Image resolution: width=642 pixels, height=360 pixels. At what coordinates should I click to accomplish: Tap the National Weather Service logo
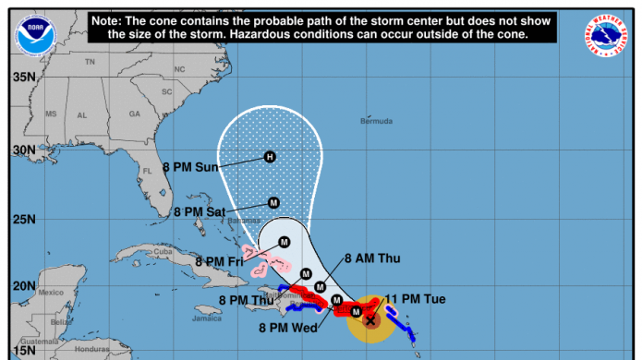(x=605, y=34)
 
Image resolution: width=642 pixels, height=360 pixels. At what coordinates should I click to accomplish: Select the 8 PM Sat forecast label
(x=199, y=212)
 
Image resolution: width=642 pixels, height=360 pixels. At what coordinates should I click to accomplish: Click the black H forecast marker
(x=270, y=156)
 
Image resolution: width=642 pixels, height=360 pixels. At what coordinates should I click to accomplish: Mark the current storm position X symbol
(x=370, y=320)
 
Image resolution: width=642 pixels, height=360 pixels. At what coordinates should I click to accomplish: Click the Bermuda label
(x=376, y=121)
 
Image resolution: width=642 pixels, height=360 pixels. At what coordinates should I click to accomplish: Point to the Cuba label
(x=163, y=251)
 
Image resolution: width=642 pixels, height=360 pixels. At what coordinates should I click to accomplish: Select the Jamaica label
(x=207, y=319)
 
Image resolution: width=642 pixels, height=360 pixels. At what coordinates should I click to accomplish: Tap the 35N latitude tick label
(x=24, y=77)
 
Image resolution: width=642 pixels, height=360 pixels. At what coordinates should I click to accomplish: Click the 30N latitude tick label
(x=24, y=150)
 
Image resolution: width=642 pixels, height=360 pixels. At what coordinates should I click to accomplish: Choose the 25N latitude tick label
(x=24, y=220)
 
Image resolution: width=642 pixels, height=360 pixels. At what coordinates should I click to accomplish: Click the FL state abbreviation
(x=145, y=171)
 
